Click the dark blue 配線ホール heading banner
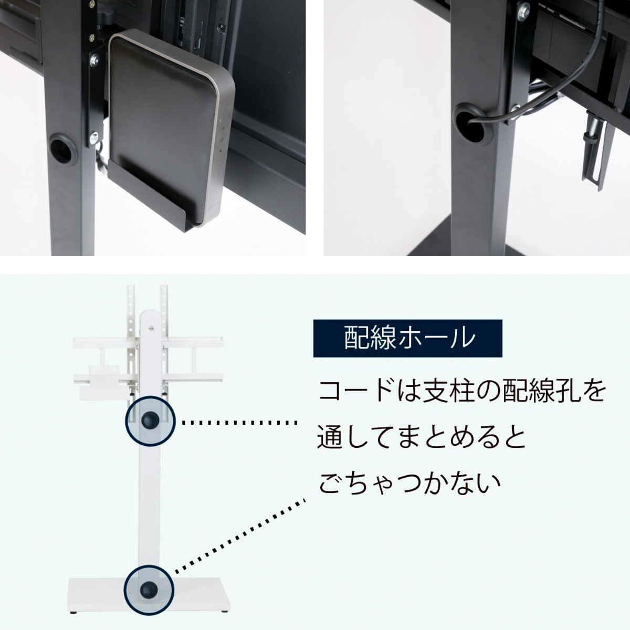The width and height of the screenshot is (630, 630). pos(407,338)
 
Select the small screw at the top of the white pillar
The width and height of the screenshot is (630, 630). pos(151,329)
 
